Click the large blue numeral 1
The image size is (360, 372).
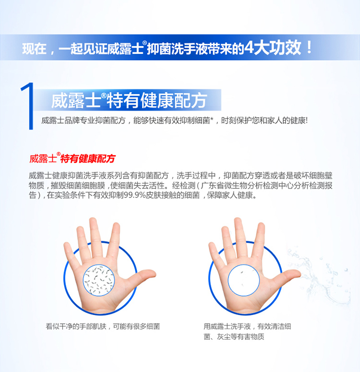coord(28,106)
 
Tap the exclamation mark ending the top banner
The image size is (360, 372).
coord(309,48)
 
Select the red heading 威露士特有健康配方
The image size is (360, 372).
coord(72,158)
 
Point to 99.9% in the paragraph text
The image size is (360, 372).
coord(134,195)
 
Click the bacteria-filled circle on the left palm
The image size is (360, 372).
coord(99,280)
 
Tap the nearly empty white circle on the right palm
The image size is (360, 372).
coord(244,280)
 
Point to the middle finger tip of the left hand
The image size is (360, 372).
coord(93,221)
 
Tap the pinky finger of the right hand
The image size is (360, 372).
coord(216,251)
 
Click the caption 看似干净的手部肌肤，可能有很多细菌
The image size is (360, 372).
coord(103,326)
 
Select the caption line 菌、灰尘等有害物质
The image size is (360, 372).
coord(234,336)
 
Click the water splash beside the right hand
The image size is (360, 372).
coord(320,275)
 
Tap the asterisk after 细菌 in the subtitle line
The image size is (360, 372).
coord(212,119)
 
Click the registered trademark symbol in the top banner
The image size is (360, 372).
coord(144,43)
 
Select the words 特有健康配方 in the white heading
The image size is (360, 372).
coord(157,100)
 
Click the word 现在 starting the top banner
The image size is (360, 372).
coord(34,49)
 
